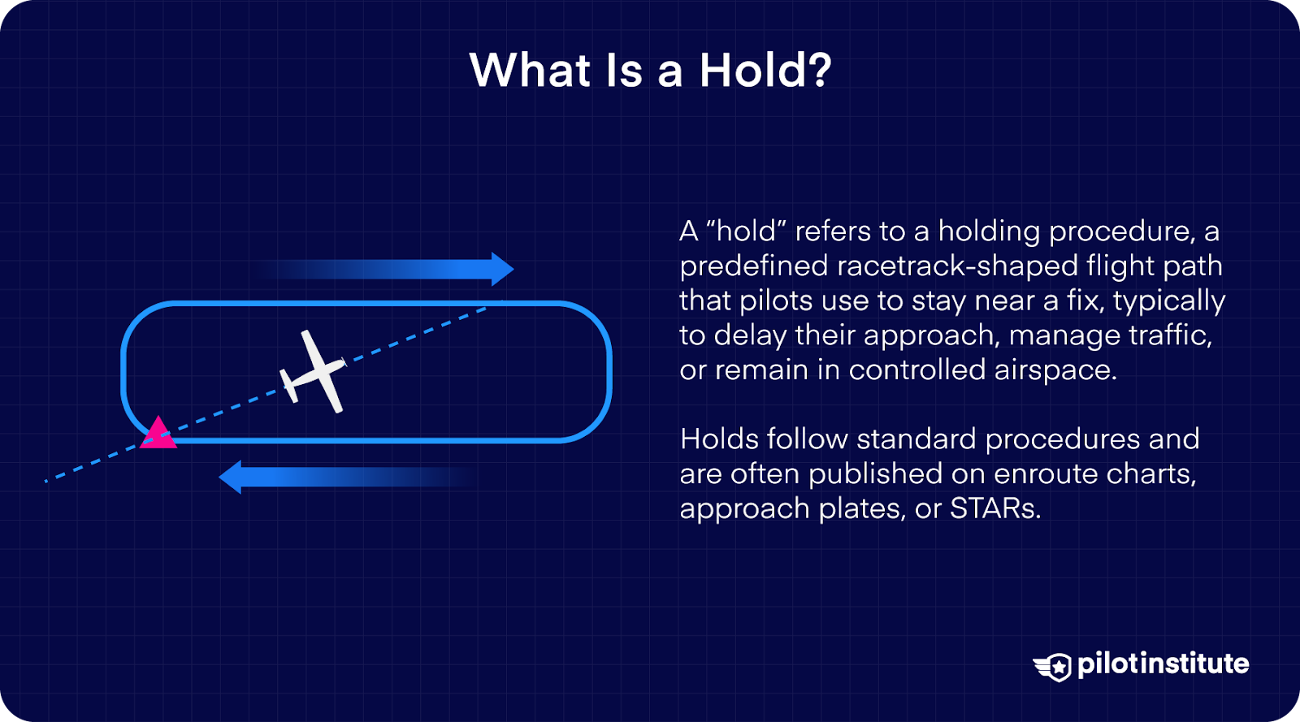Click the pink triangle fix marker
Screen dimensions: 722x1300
158,434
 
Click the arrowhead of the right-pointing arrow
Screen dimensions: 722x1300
503,269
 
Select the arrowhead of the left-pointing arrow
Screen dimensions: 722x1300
231,477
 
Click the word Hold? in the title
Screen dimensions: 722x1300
765,71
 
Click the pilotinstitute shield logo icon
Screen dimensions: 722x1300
1054,667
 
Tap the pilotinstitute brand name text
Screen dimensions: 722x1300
1163,664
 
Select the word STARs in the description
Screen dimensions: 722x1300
995,508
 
